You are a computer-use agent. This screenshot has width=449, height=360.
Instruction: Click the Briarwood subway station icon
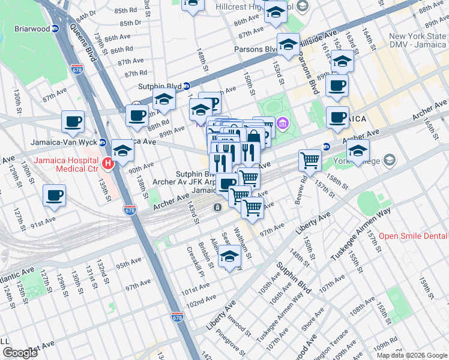tap(55, 28)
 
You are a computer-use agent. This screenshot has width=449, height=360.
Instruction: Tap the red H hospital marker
tap(108, 162)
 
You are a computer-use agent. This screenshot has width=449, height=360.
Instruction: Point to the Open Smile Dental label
tap(413, 236)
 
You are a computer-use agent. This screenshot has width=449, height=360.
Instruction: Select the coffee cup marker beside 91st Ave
tap(54, 195)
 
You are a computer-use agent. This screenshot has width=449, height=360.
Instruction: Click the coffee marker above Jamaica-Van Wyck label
tap(73, 121)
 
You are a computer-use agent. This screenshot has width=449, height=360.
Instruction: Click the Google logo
tap(20, 353)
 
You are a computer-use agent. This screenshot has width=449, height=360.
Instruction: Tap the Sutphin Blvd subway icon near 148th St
tap(186, 86)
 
